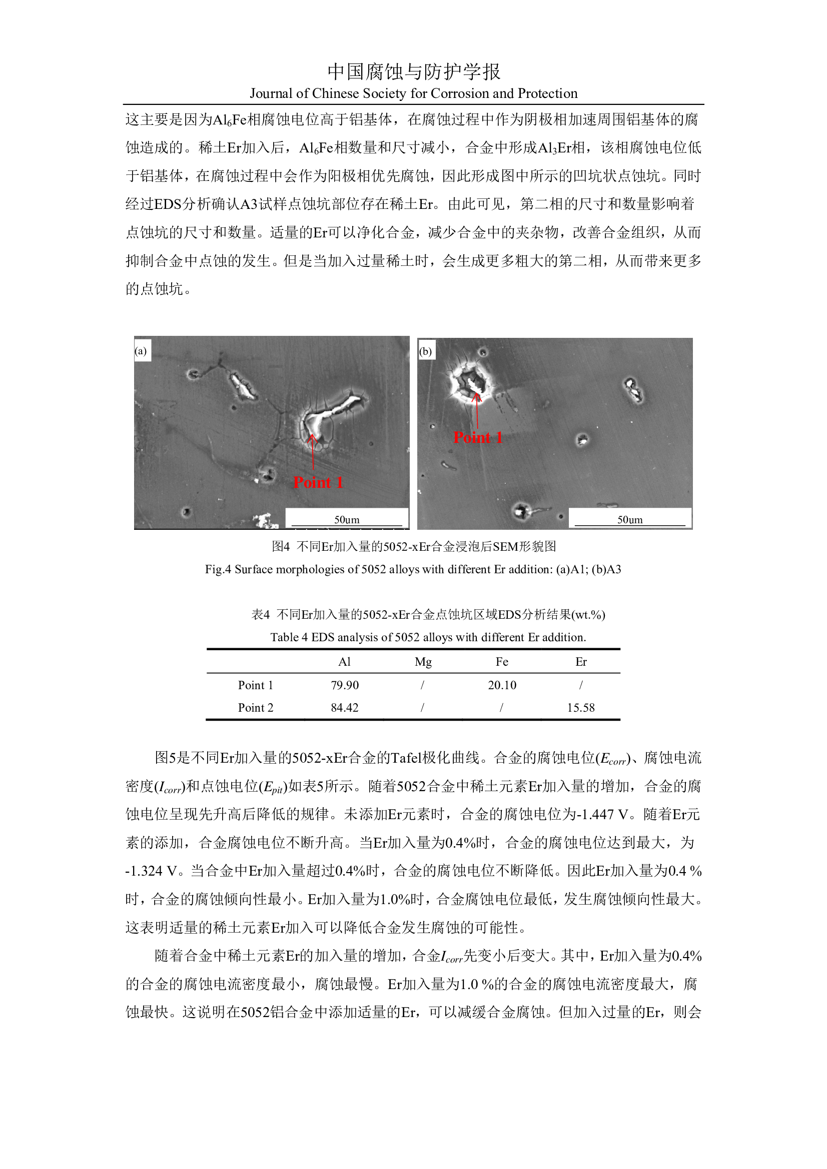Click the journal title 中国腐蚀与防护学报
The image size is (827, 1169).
(413, 72)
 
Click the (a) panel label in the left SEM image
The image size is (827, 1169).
(141, 351)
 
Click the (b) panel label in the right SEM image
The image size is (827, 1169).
(425, 351)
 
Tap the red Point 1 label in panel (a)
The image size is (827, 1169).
(318, 482)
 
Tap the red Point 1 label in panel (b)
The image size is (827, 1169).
(478, 437)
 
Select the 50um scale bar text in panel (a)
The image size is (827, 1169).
(347, 519)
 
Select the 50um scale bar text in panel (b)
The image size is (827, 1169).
(630, 519)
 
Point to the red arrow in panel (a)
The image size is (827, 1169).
(313, 453)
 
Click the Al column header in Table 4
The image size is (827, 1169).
(344, 661)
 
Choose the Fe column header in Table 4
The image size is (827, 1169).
(502, 661)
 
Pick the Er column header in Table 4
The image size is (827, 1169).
(581, 661)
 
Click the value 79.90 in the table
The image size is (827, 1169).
(344, 685)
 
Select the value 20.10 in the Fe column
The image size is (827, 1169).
(502, 685)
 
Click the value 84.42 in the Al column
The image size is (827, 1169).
(344, 708)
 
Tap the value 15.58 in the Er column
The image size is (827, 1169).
(581, 708)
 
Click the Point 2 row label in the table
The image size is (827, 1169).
(255, 708)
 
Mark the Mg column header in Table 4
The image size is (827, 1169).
(423, 661)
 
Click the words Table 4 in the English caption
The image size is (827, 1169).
(288, 637)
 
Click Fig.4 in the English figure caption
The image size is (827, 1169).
(218, 569)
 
